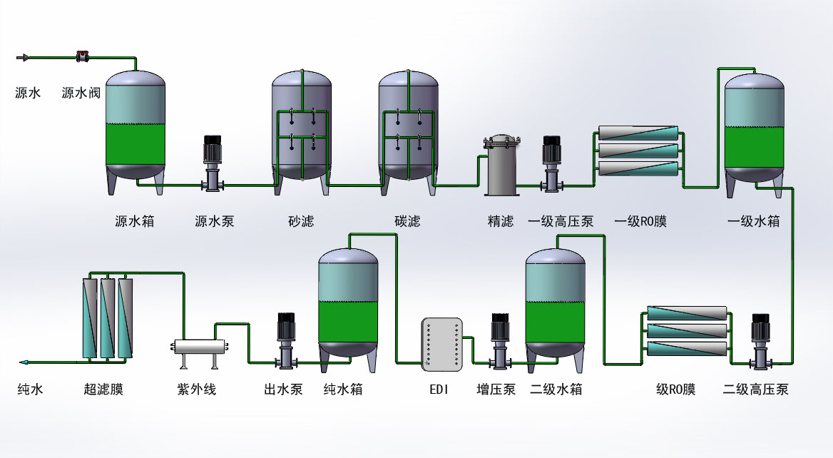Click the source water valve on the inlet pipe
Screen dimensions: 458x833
(x=83, y=56)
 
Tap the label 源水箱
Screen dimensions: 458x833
(x=134, y=221)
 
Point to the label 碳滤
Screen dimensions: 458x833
(x=407, y=221)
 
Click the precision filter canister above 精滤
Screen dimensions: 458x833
(x=504, y=166)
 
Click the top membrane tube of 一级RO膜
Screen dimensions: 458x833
(x=638, y=133)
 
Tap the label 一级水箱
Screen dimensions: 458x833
(x=753, y=221)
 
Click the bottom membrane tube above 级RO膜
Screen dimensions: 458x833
(x=687, y=349)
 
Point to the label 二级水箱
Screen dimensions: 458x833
(x=556, y=390)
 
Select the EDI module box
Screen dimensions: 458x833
(x=442, y=345)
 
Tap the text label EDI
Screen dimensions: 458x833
(x=439, y=390)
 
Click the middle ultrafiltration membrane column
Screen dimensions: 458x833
(x=108, y=317)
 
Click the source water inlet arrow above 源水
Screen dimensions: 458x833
(x=23, y=56)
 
